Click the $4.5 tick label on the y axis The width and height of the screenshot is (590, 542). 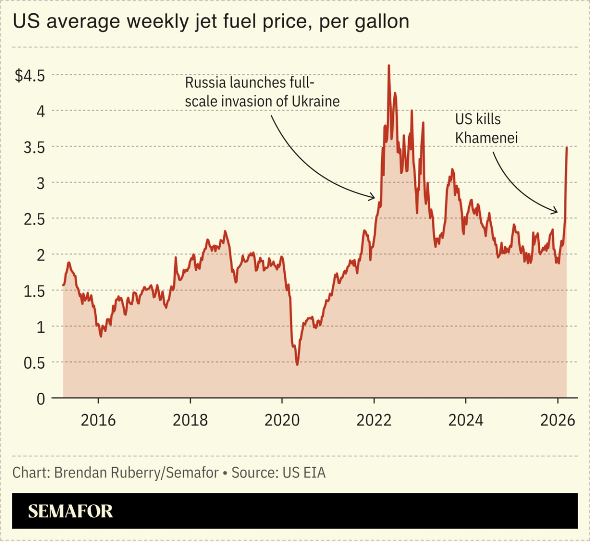(30, 76)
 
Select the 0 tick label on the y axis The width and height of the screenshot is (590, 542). (41, 398)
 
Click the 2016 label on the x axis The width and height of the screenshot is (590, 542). (98, 420)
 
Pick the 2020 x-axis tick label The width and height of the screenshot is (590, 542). (282, 420)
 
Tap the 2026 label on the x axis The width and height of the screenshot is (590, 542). (558, 420)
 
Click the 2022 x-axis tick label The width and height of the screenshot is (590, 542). (374, 420)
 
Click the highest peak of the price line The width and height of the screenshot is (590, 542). (389, 66)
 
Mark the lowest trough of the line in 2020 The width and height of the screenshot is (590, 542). (297, 365)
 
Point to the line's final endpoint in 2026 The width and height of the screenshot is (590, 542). (567, 148)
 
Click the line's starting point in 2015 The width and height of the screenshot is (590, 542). (63, 285)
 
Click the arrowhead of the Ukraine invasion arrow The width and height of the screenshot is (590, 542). (375, 197)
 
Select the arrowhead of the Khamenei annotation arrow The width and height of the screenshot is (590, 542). (557, 212)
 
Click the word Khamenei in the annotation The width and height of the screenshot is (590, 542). (487, 137)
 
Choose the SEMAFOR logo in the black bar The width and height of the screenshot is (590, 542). (70, 511)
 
